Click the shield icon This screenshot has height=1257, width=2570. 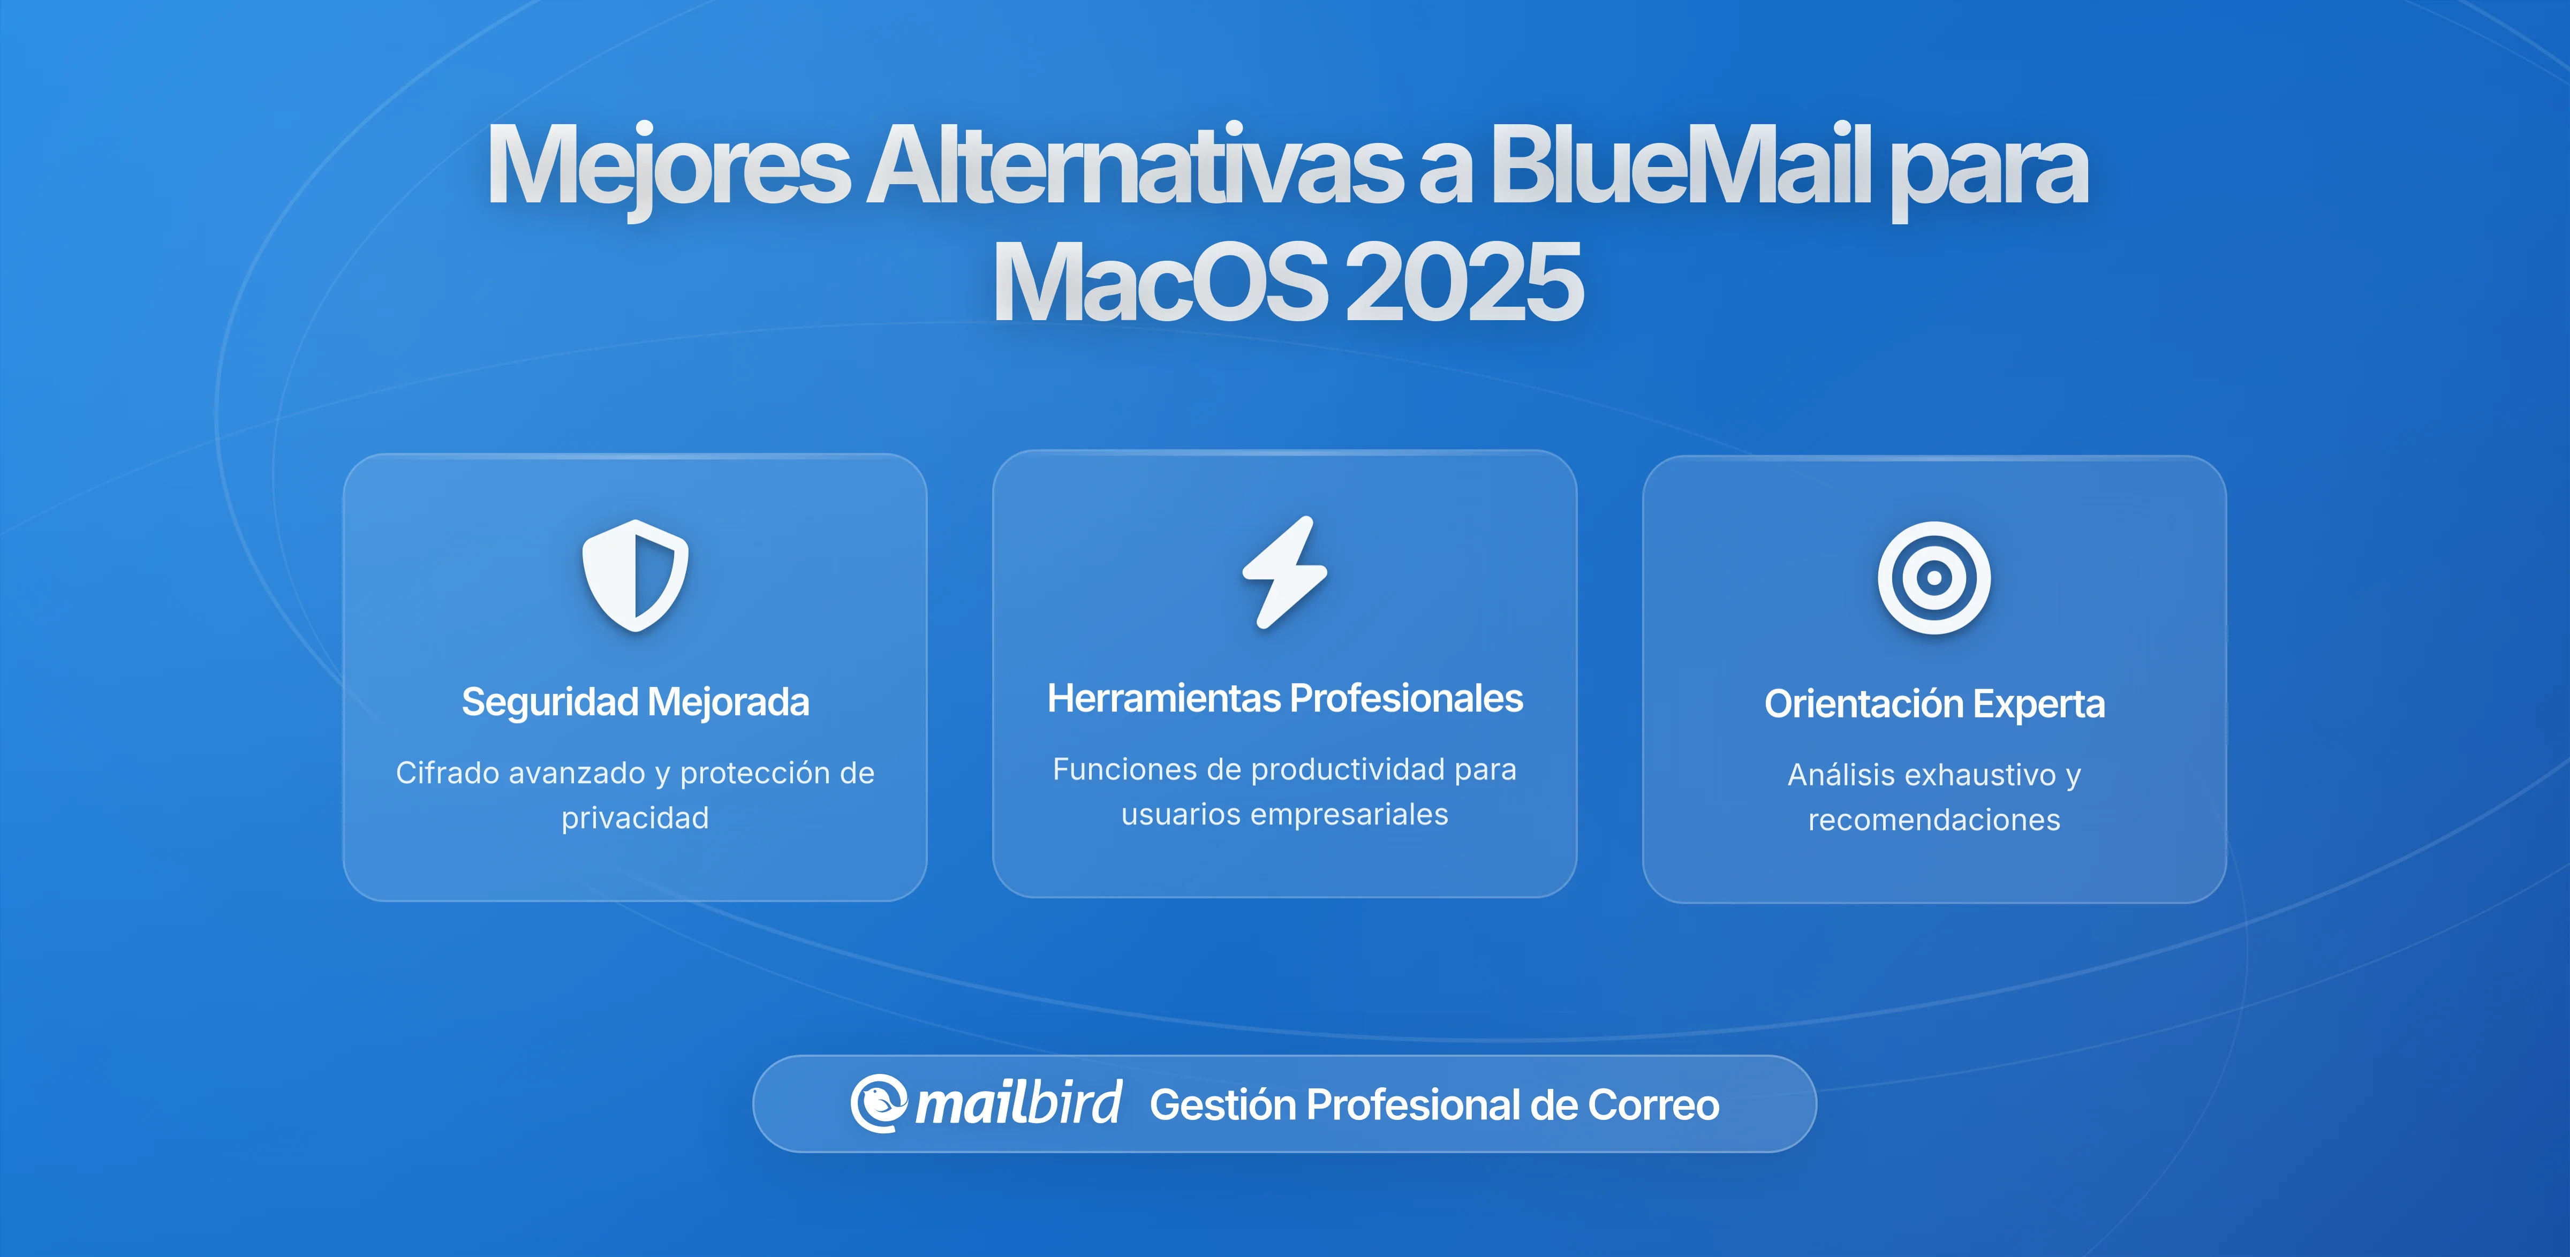(x=636, y=576)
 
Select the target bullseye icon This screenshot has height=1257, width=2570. (x=1933, y=578)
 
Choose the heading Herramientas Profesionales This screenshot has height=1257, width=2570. (x=1285, y=698)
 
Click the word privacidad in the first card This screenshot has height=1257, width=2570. (x=636, y=818)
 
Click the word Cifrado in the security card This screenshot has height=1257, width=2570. (x=447, y=773)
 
